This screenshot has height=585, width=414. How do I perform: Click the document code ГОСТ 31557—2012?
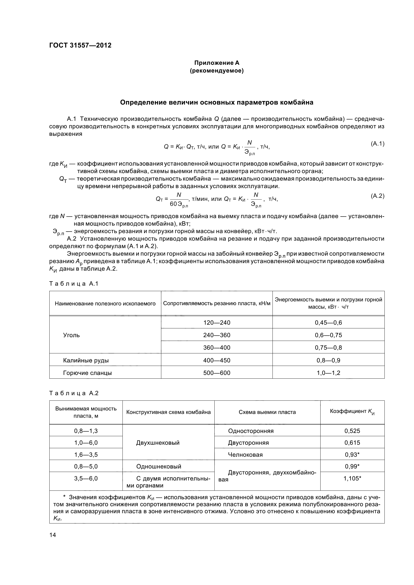(80, 45)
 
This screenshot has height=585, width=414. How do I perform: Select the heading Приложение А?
(217, 63)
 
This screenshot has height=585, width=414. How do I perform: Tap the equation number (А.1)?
(377, 144)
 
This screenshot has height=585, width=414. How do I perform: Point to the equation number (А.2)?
(377, 196)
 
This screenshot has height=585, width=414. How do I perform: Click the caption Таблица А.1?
(74, 284)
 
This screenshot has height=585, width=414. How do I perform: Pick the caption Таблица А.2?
(74, 393)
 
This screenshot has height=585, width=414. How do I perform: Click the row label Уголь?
(71, 335)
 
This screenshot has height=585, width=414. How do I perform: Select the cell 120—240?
(217, 323)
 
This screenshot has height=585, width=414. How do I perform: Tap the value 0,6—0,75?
(328, 335)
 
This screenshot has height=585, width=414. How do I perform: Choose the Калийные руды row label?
(86, 360)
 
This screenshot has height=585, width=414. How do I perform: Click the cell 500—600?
(217, 373)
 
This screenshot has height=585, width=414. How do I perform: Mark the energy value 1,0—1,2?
(328, 373)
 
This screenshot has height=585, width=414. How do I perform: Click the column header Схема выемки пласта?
(267, 412)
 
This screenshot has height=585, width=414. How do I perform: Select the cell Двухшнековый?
(158, 443)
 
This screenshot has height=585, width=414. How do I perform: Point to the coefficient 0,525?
(352, 431)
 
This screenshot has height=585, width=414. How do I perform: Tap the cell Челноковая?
(245, 454)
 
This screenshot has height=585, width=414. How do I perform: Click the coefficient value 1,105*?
(352, 478)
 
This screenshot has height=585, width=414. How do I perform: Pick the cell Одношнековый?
(159, 466)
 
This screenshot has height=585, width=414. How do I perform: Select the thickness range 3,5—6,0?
(86, 478)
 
